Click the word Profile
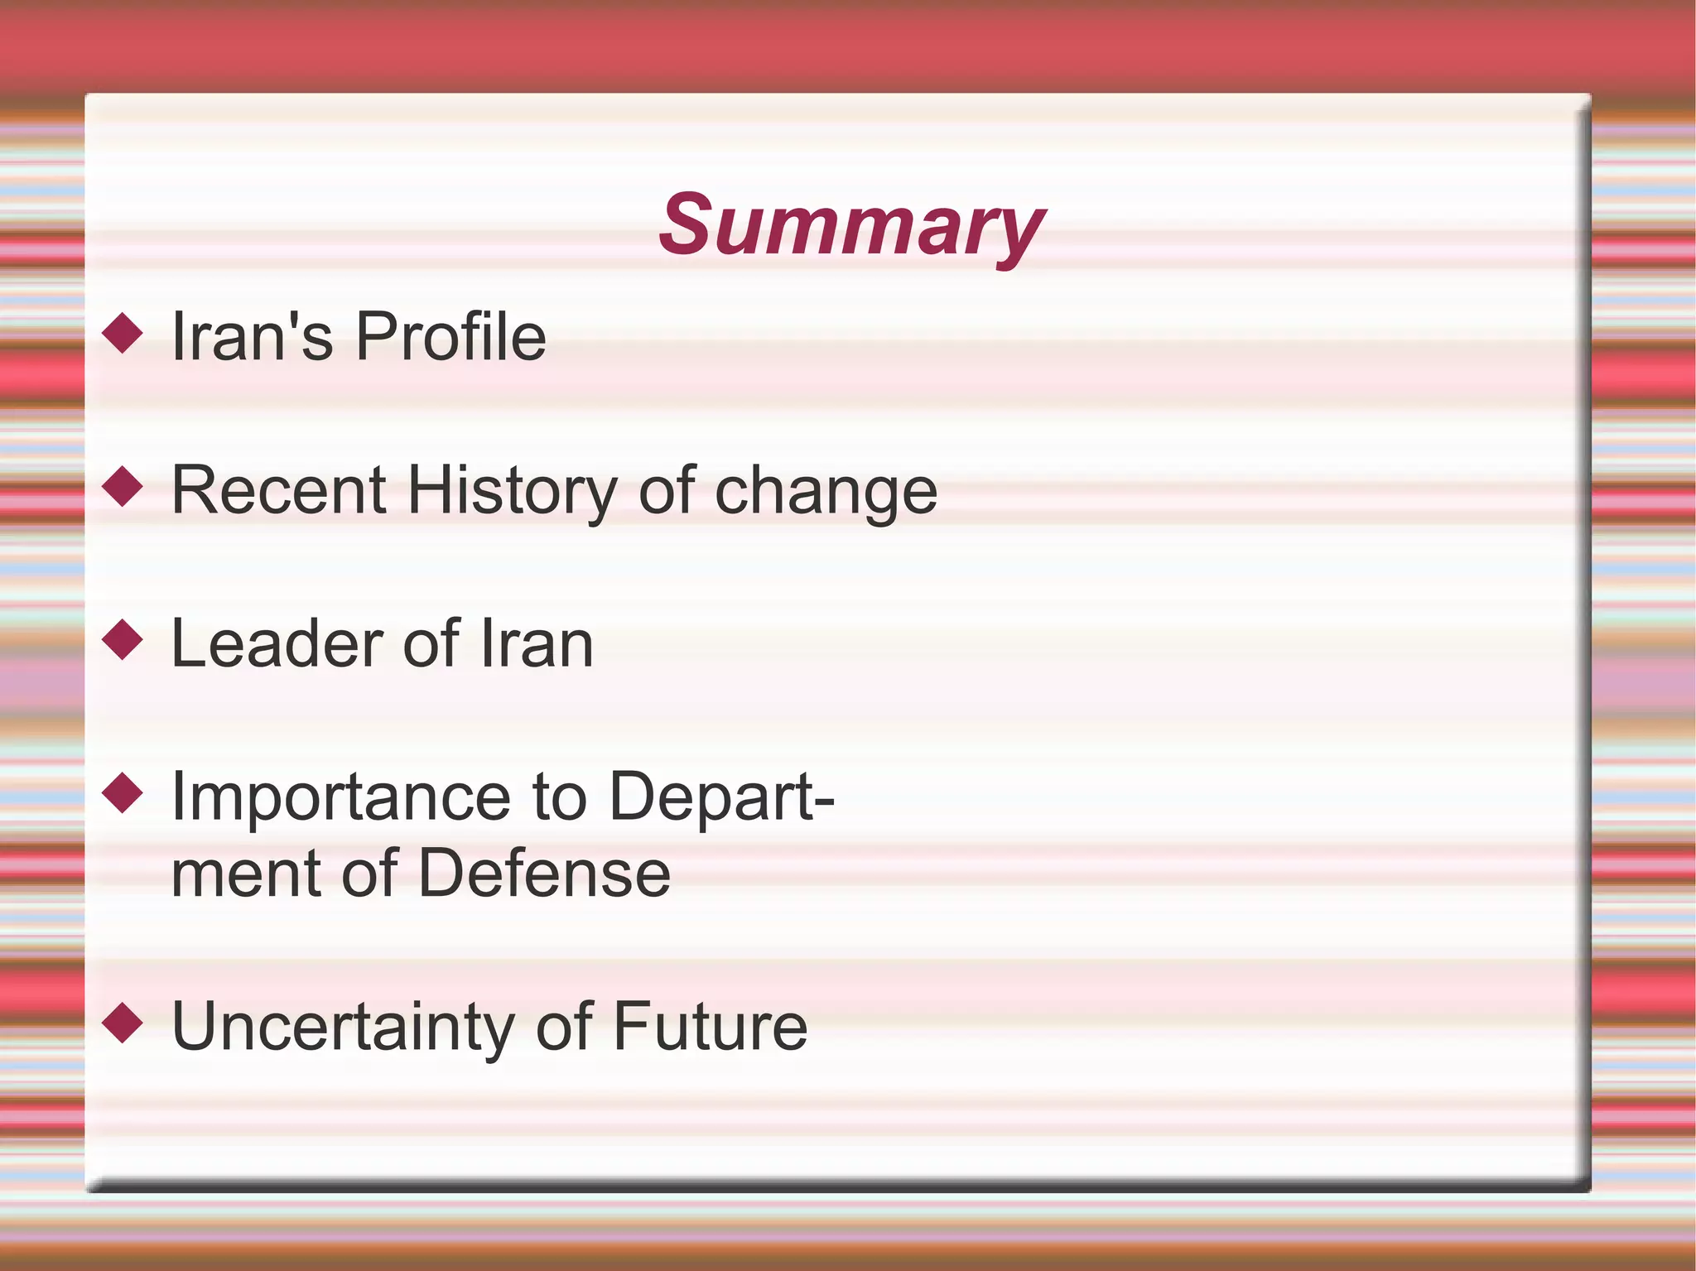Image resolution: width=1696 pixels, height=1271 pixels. tap(450, 337)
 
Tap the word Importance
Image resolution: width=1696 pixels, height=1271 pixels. tap(340, 797)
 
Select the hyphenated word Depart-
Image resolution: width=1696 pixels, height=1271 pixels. tap(721, 797)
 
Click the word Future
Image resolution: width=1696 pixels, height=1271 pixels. tap(711, 1027)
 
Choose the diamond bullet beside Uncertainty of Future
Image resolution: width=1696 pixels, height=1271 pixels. tap(123, 1023)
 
